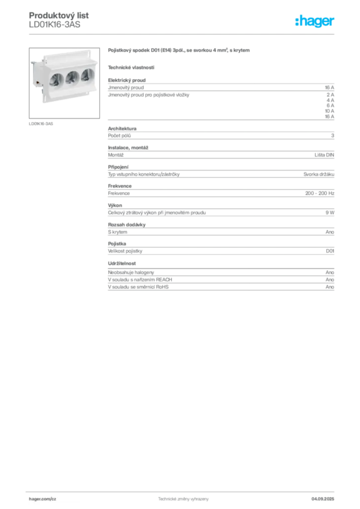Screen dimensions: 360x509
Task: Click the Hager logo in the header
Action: click(315, 21)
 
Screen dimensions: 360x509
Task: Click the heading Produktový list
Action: click(59, 15)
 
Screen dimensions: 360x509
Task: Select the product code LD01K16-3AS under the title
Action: click(55, 25)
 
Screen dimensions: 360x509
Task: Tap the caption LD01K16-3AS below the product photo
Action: click(41, 124)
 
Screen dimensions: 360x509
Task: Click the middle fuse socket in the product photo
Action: click(72, 78)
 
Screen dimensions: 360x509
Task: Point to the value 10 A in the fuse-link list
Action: click(330, 111)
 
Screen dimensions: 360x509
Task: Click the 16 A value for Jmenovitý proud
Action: click(330, 87)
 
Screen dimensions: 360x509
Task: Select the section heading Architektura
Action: click(122, 129)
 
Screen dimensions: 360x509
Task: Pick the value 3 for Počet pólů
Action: click(333, 136)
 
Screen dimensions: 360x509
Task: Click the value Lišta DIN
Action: click(324, 155)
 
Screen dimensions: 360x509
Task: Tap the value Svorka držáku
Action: click(319, 174)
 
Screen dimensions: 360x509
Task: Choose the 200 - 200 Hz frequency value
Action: click(320, 193)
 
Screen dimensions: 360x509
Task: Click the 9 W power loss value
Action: click(330, 213)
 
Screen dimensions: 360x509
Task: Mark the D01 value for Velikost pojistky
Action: click(330, 251)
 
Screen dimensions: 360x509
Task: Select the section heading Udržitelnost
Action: click(122, 263)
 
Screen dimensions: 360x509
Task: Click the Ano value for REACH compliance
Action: click(330, 280)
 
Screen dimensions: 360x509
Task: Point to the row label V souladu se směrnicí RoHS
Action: click(138, 287)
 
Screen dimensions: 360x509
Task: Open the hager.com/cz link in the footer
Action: click(43, 499)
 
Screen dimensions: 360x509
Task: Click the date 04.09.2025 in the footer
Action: click(323, 499)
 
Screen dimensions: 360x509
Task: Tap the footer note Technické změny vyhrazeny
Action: click(183, 499)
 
